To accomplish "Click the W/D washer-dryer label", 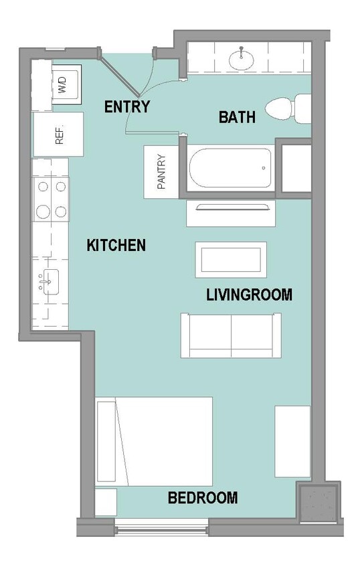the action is point(63,84).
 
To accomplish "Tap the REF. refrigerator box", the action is point(58,135).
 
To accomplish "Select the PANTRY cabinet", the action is point(161,172).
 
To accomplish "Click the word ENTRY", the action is point(127,106).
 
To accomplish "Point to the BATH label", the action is point(238,117).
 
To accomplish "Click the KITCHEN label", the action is point(116,245).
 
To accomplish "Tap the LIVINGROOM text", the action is point(249,295).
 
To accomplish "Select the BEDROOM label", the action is point(203,497).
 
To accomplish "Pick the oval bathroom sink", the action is point(241,60).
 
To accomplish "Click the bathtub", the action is point(230,168).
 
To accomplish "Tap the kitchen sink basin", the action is point(50,282).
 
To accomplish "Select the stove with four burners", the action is point(51,199).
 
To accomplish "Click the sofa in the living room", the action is point(231,335).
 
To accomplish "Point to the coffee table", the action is point(231,260).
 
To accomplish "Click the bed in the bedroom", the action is point(154,441).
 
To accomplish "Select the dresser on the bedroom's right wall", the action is point(292,441).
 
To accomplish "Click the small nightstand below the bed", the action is point(106,502).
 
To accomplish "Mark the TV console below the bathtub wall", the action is point(231,214).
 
